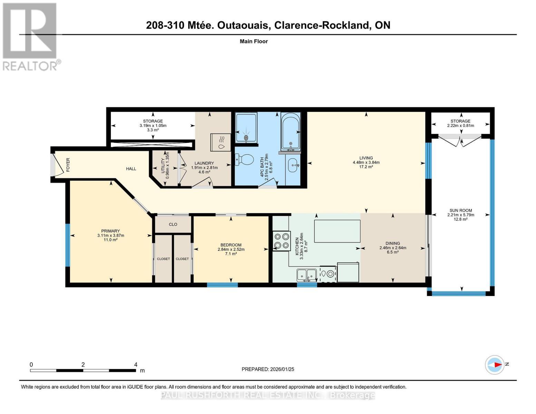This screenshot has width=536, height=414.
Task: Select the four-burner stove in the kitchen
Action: pos(281,241)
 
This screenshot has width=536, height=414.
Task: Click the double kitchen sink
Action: pos(306,275)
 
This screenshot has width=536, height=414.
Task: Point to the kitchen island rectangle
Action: pos(337,231)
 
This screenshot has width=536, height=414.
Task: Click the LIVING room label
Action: pos(366,158)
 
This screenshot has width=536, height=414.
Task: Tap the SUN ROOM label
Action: pos(460,210)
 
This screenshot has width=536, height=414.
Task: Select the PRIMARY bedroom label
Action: pos(110,231)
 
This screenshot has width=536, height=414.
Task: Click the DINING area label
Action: pos(393,243)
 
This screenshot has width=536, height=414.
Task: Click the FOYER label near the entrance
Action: pos(68,165)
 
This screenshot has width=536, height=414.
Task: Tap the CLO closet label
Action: pos(173,224)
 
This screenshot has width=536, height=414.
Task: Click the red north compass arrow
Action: pos(497,365)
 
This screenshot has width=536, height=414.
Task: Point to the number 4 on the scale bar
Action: pos(136,365)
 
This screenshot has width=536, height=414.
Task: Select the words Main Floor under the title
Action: pos(254,41)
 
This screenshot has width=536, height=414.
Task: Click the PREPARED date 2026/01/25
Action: pos(282,369)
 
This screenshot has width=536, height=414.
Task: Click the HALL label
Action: pos(131,169)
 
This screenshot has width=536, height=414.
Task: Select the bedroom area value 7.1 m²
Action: pos(231,254)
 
